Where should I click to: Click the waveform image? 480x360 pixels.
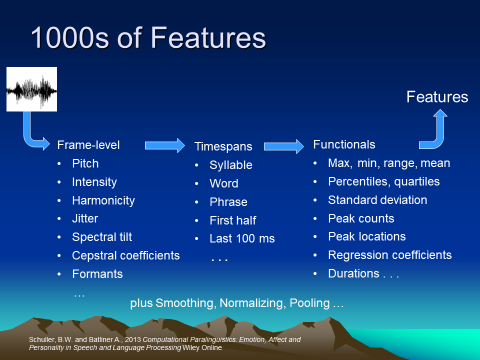click(x=32, y=89)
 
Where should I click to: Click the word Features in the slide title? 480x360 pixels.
click(x=208, y=37)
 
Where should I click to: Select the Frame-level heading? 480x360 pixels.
click(x=88, y=145)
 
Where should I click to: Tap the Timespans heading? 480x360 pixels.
click(x=223, y=146)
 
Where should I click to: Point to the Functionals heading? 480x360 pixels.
click(x=344, y=144)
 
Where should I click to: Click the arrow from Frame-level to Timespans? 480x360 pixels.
click(x=164, y=145)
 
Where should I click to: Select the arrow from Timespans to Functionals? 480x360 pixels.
click(x=284, y=146)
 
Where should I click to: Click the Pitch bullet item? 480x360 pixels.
click(x=85, y=163)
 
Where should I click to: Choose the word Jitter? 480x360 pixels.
click(x=85, y=218)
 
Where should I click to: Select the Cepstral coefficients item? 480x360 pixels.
click(x=126, y=255)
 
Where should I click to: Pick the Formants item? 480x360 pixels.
click(x=97, y=274)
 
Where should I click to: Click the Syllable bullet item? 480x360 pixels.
click(x=231, y=165)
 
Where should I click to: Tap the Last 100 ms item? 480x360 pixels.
click(x=242, y=238)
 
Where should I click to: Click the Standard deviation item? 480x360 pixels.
click(x=377, y=200)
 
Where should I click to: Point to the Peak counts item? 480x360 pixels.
click(x=361, y=218)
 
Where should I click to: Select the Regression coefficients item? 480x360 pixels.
click(x=389, y=255)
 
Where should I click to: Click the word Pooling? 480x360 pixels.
click(x=309, y=303)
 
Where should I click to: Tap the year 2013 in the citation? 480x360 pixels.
click(x=133, y=339)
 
